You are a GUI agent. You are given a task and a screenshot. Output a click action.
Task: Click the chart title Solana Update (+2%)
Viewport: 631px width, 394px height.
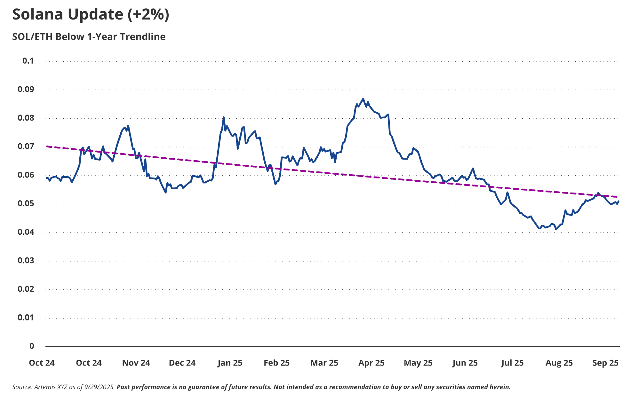coord(91,15)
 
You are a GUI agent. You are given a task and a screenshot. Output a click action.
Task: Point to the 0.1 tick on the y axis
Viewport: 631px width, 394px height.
coord(28,61)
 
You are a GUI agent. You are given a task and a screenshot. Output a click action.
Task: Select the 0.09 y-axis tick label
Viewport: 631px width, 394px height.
coord(26,89)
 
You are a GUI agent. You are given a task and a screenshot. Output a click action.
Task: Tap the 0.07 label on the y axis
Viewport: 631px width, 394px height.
coord(26,146)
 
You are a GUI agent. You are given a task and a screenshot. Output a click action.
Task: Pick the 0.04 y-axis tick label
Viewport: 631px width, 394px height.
coord(26,232)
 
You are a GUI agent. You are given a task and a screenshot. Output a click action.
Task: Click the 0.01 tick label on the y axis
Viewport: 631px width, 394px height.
coord(26,317)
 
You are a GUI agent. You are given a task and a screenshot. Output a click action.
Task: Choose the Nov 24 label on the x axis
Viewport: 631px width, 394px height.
coord(136,363)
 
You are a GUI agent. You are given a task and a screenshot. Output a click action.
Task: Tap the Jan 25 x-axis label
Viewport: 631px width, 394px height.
coord(230,363)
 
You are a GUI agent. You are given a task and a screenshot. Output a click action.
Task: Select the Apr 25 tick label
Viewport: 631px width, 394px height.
coord(371,363)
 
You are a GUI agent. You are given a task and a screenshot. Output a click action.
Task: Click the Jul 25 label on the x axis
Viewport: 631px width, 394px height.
coord(512,363)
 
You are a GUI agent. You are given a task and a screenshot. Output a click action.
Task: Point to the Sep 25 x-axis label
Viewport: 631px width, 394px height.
coord(605,363)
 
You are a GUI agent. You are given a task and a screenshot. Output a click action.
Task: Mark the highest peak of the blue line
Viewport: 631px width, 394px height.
coord(363,98)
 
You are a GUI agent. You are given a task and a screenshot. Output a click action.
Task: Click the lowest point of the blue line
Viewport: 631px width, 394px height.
coord(556,229)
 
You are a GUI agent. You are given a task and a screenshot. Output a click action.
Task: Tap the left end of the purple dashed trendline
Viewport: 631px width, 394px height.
coord(47,146)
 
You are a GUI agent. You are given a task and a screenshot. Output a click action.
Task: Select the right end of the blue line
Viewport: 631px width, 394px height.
coord(619,201)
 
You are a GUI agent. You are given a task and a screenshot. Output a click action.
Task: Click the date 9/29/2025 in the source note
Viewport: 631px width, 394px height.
coord(99,387)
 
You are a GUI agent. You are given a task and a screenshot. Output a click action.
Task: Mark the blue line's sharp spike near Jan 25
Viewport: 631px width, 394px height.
coord(224,117)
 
